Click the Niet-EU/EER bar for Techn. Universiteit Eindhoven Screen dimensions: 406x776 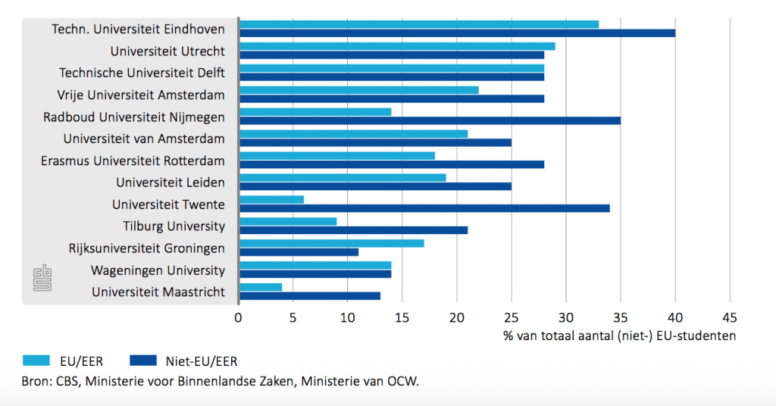(x=457, y=33)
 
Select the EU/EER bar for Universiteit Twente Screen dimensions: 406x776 (x=271, y=199)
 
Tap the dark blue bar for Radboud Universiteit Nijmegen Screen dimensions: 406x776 (x=430, y=120)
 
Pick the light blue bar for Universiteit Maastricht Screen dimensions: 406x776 (x=261, y=287)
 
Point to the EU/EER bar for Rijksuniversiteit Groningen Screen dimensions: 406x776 (x=331, y=243)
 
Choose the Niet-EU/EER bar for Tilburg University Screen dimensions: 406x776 (x=353, y=230)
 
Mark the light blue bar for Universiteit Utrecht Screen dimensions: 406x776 (x=397, y=46)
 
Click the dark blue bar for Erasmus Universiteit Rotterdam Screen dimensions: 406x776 (x=392, y=164)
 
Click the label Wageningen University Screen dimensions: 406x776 (x=158, y=270)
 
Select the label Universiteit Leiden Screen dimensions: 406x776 (x=171, y=183)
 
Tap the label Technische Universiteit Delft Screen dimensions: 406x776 (x=142, y=73)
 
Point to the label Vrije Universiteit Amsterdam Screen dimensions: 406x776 (x=141, y=95)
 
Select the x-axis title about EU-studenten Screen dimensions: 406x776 (x=619, y=336)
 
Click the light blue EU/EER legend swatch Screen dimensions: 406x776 (x=46, y=361)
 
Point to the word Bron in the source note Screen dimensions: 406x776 (x=36, y=381)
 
